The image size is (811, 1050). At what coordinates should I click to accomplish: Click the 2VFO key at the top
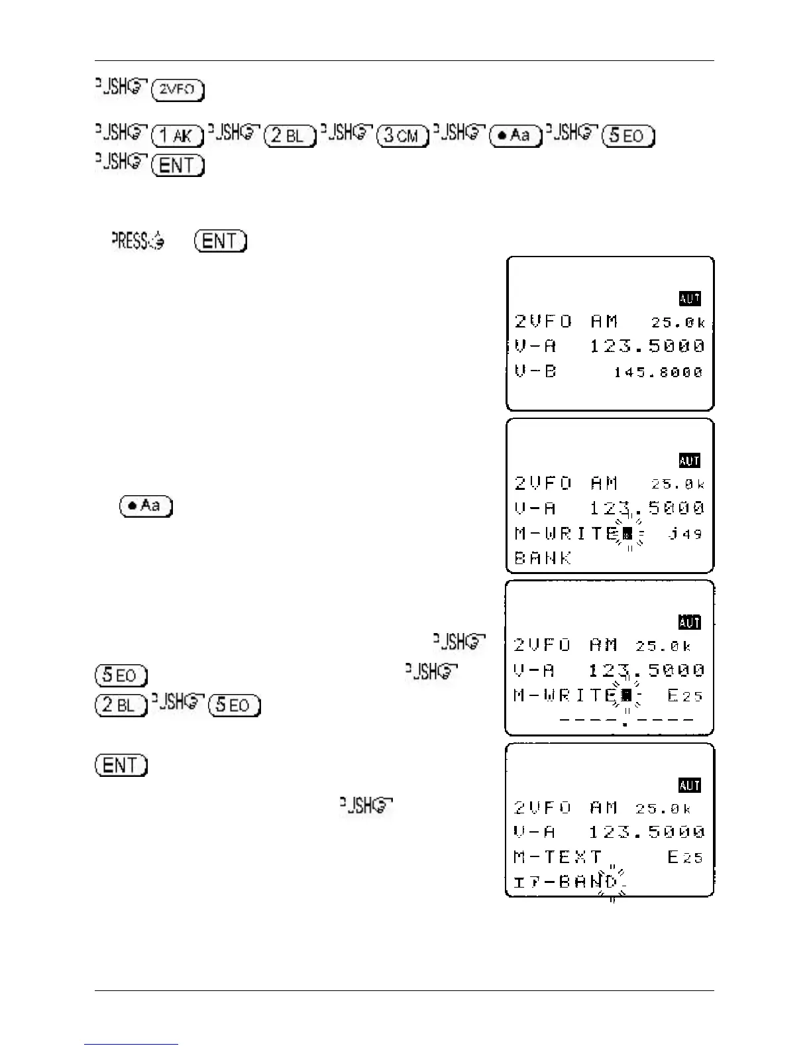click(x=178, y=89)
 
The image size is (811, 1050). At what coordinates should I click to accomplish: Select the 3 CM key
click(x=403, y=135)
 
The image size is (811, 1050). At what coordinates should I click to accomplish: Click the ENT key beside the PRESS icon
click(x=221, y=241)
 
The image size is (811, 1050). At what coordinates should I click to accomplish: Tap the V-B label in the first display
click(x=535, y=371)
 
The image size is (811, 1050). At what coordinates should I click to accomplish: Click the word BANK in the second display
click(x=543, y=558)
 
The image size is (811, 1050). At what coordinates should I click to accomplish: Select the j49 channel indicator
click(x=685, y=534)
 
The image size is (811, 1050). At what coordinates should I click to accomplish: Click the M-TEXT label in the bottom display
click(x=558, y=857)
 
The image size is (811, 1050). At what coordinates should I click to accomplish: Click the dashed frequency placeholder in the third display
click(x=626, y=720)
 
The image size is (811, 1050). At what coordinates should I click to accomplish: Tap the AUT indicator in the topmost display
click(x=690, y=299)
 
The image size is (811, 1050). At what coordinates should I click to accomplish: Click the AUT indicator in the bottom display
click(x=690, y=786)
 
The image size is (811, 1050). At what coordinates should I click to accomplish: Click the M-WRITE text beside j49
click(x=567, y=534)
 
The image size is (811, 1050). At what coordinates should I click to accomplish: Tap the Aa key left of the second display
click(x=146, y=506)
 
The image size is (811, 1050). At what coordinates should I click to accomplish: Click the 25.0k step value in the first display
click(x=678, y=323)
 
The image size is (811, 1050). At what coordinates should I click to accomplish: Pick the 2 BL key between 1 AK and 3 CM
click(x=290, y=135)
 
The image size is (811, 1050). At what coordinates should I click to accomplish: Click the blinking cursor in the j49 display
click(x=627, y=534)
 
